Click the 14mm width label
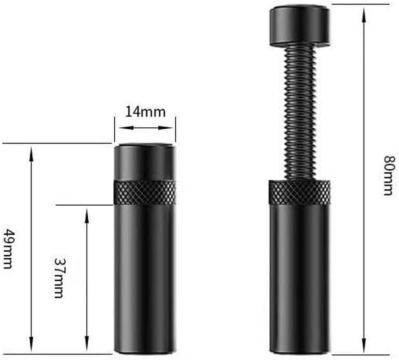tap(145, 111)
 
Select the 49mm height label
tap(9, 248)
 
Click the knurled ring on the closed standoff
tap(144, 193)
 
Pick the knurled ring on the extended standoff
tap(299, 192)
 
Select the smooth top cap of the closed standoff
tap(144, 162)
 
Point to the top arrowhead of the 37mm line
tap(87, 211)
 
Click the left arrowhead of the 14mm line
tap(118, 128)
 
